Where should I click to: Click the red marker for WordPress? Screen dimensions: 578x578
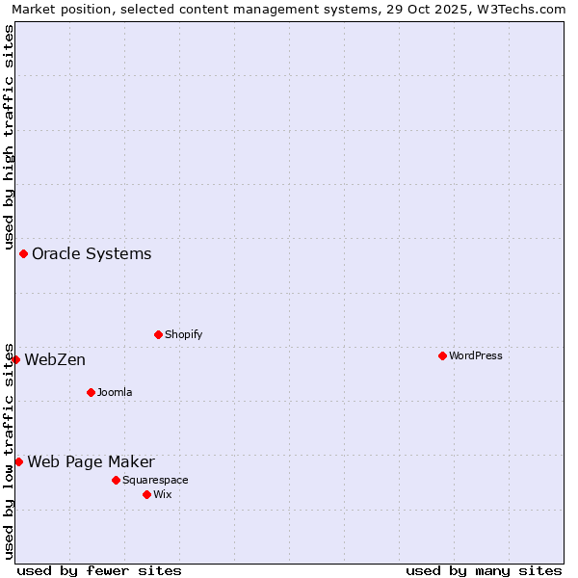pos(442,356)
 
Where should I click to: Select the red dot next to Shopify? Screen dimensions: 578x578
pos(158,335)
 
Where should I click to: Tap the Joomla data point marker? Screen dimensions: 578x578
pos(91,392)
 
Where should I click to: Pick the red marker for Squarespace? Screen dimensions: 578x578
pos(116,480)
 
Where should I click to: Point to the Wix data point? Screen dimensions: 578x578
pos(146,494)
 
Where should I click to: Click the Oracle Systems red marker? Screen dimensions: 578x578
pos(24,254)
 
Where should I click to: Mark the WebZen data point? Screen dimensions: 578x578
pos(15,360)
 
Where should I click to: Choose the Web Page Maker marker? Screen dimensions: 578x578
pos(18,462)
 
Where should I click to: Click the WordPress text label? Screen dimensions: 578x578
pos(476,356)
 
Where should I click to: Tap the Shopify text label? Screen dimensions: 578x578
pos(184,335)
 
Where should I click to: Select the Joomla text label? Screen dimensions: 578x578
pos(115,393)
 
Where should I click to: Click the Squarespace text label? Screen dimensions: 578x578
pos(155,481)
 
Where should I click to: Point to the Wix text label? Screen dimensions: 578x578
pos(163,495)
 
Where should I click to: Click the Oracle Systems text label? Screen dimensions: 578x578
pos(92,254)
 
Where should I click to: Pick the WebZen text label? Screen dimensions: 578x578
pos(55,360)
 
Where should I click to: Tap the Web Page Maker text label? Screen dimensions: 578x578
pos(91,462)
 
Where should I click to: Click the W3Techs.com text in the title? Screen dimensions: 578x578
pos(525,10)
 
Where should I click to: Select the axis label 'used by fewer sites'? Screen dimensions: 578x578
pos(99,571)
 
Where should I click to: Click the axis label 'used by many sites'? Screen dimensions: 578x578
pos(484,571)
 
